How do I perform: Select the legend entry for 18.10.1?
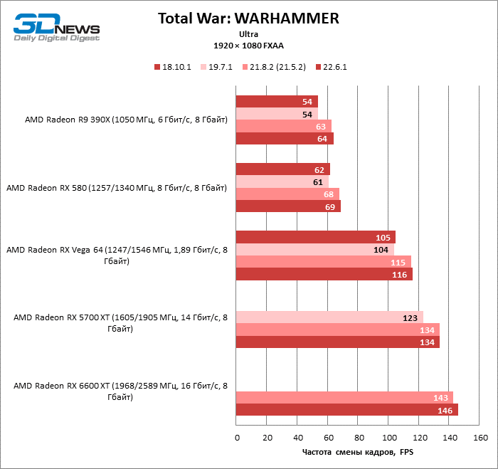point(173,67)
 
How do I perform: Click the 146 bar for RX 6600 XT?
point(346,410)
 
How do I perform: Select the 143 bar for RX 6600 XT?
point(344,397)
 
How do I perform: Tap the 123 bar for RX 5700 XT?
point(329,317)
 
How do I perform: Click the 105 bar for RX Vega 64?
point(315,237)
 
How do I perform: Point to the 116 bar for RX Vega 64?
point(324,274)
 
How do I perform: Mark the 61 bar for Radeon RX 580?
point(282,182)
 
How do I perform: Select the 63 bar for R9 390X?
point(283,126)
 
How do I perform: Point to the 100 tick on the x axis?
point(388,437)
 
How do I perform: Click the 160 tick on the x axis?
point(480,437)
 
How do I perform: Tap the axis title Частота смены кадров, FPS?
point(358,452)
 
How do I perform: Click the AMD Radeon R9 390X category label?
point(125,120)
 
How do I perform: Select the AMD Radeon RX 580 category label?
point(117,188)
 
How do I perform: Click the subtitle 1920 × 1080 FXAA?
point(248,45)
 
